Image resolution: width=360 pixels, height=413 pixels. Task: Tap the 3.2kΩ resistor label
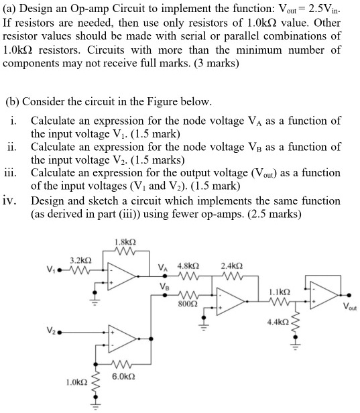point(80,259)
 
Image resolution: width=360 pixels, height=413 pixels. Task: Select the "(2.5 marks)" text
point(274,214)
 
